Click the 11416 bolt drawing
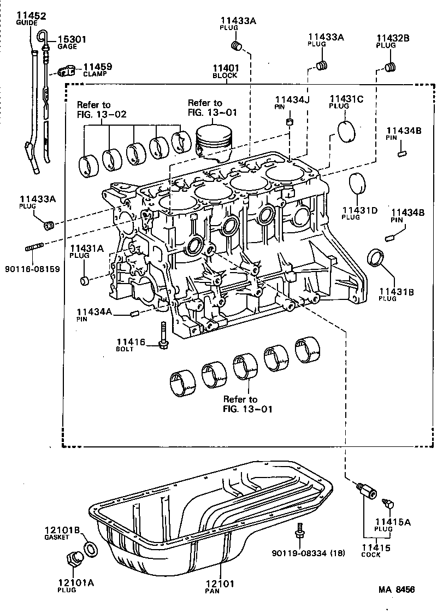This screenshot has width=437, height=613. pyautogui.click(x=163, y=337)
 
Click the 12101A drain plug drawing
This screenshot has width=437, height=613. pyautogui.click(x=73, y=560)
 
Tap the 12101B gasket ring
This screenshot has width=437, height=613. pyautogui.click(x=91, y=549)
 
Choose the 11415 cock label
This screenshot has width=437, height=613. pyautogui.click(x=375, y=548)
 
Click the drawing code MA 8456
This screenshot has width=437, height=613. pyautogui.click(x=396, y=590)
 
